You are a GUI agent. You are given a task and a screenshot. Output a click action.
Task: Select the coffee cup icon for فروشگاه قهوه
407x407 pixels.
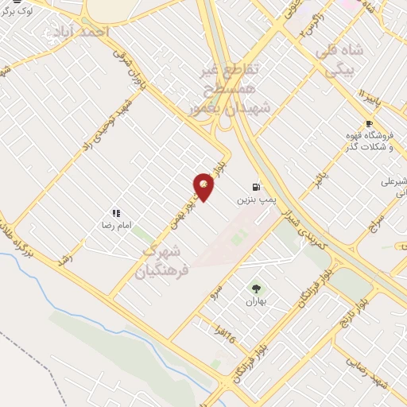[369, 123]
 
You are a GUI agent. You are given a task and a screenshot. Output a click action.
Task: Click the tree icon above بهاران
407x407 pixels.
[255, 289]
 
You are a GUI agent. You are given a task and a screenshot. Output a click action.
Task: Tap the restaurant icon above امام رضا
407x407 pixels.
[116, 213]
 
